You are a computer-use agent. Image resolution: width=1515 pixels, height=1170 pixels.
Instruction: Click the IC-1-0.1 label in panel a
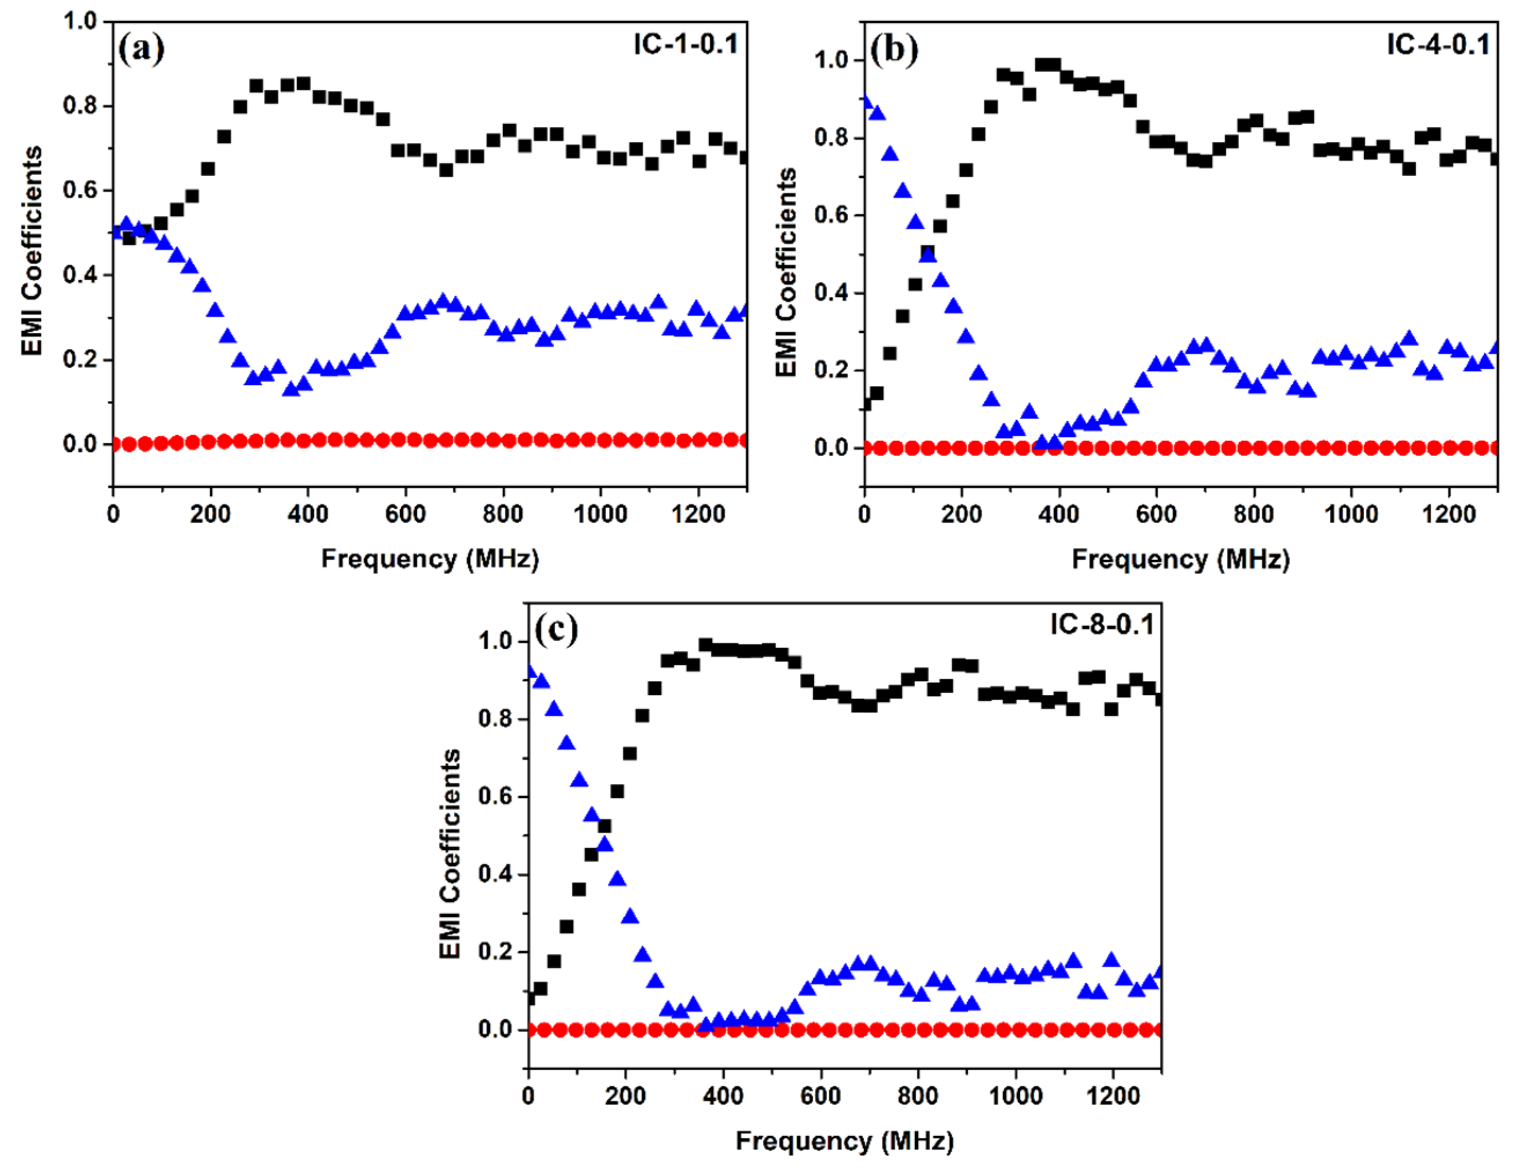[x=685, y=45]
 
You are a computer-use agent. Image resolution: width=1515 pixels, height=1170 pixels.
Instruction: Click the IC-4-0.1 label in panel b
[x=1438, y=45]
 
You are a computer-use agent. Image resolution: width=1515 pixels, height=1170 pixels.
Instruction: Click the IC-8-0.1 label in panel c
[x=1102, y=625]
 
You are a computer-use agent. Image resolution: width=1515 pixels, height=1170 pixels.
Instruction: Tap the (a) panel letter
[x=142, y=50]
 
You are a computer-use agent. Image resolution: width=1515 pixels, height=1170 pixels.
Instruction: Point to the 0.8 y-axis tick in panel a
[x=80, y=106]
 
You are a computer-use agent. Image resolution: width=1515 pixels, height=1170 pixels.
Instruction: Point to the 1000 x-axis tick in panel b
[x=1352, y=514]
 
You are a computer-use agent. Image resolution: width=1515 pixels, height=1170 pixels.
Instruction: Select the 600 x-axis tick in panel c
[x=821, y=1096]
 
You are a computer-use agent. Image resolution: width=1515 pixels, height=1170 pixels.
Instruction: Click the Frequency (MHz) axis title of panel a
[x=429, y=558]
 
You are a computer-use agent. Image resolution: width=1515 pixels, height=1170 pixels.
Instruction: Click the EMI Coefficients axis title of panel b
[x=786, y=272]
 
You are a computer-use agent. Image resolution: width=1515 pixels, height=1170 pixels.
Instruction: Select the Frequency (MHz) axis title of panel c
[x=844, y=1140]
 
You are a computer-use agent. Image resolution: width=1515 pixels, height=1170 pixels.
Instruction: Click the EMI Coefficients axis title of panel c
[x=450, y=854]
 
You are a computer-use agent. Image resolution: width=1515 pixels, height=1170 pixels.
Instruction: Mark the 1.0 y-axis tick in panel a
[x=80, y=22]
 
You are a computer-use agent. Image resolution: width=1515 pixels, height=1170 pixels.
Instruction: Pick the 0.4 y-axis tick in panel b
[x=832, y=292]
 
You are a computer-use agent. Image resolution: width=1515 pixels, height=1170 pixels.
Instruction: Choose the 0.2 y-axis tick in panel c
[x=495, y=951]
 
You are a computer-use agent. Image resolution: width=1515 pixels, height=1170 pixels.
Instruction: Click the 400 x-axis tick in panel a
[x=307, y=514]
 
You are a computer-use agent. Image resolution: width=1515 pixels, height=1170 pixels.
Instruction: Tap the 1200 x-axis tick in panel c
[x=1113, y=1096]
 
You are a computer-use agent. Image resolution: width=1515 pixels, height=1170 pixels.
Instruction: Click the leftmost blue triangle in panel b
[x=866, y=102]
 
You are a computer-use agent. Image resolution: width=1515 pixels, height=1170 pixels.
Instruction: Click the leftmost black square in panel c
[x=531, y=998]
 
